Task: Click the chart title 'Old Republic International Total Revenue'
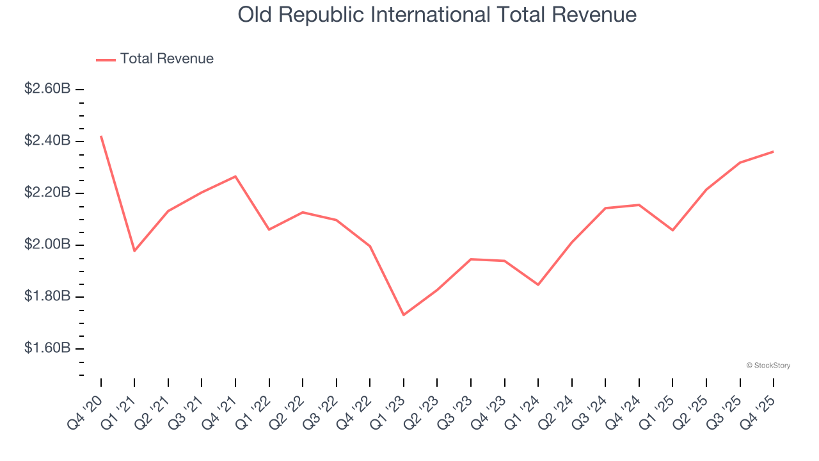coord(437,15)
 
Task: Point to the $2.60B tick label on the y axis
coord(47,89)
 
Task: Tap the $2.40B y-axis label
coord(47,141)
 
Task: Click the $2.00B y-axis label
coord(47,245)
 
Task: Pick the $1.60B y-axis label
coord(47,349)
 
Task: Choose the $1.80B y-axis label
coord(47,297)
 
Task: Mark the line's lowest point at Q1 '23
coord(404,315)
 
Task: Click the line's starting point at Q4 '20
coord(101,136)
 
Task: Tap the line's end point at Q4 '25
coord(774,152)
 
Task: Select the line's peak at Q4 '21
coord(235,176)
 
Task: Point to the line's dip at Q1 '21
coord(134,251)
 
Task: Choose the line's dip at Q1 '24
coord(538,285)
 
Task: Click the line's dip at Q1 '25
coord(672,230)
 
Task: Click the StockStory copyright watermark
coord(768,366)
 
